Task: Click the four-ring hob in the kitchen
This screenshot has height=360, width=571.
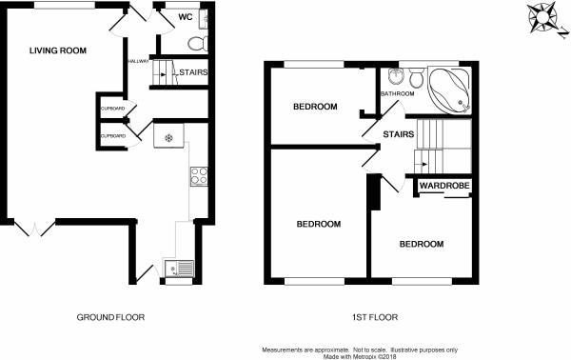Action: (201, 175)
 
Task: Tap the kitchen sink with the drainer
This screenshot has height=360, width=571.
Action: (179, 270)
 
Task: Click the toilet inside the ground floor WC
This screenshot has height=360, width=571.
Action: (197, 42)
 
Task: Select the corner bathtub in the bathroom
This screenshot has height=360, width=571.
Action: (448, 90)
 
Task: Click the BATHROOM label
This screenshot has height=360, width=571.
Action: (397, 94)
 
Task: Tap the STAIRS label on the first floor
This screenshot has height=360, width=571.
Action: (398, 135)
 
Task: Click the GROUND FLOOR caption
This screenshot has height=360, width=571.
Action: (112, 317)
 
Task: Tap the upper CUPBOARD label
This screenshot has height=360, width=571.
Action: (112, 109)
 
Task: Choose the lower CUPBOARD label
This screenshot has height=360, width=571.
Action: (112, 136)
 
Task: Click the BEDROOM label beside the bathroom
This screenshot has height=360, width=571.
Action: (315, 107)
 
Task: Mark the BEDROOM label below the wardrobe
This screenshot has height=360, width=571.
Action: (421, 245)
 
